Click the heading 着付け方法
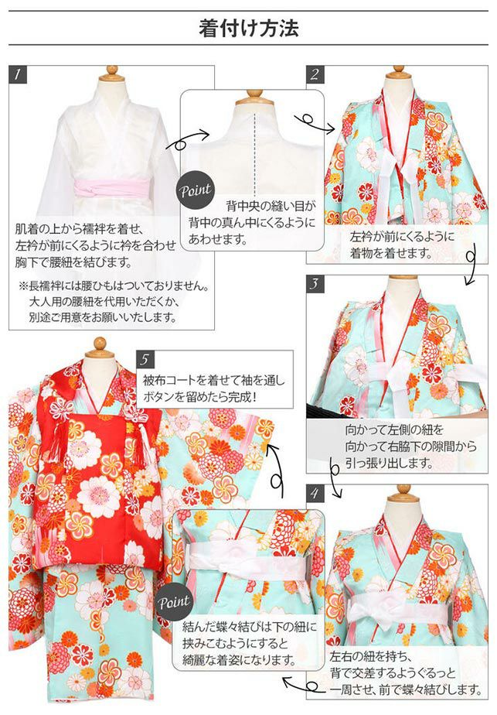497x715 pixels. pos(248,29)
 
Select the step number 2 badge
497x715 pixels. pos(315,75)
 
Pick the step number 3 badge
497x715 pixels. pos(315,283)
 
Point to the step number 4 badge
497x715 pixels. pos(315,492)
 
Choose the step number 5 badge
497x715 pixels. pos(147,360)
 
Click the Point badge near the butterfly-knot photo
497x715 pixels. pos(175,602)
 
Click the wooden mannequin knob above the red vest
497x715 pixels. pos(99,346)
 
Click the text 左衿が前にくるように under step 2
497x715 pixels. pos(402,237)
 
